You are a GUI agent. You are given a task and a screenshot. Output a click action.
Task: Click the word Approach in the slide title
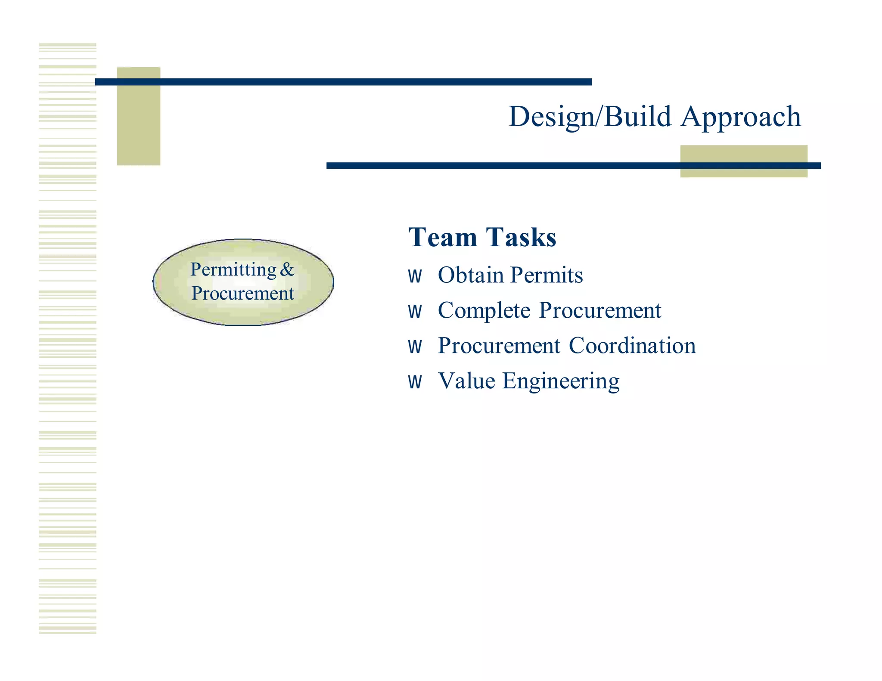[x=741, y=117]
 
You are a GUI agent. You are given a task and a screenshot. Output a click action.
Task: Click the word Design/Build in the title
[x=590, y=117]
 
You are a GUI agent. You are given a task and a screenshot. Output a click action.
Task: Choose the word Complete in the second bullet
[x=484, y=310]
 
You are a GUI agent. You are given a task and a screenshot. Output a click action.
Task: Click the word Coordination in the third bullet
[x=632, y=346]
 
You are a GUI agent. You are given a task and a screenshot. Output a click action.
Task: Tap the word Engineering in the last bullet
[x=561, y=382]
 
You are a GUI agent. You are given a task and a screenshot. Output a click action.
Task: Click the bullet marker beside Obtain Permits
[x=415, y=276]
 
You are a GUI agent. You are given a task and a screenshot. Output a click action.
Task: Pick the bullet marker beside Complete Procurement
[x=415, y=312]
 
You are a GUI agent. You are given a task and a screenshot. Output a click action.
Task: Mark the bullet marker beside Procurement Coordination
[x=415, y=347]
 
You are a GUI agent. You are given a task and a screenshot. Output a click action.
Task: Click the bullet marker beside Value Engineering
[x=415, y=382]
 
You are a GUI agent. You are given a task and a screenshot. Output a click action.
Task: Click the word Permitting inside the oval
[x=233, y=270]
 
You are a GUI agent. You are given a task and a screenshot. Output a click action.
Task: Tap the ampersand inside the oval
[x=287, y=270]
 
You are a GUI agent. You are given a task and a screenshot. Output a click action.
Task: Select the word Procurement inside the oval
[x=243, y=294]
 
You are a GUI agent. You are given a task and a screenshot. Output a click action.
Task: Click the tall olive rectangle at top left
[x=138, y=125]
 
